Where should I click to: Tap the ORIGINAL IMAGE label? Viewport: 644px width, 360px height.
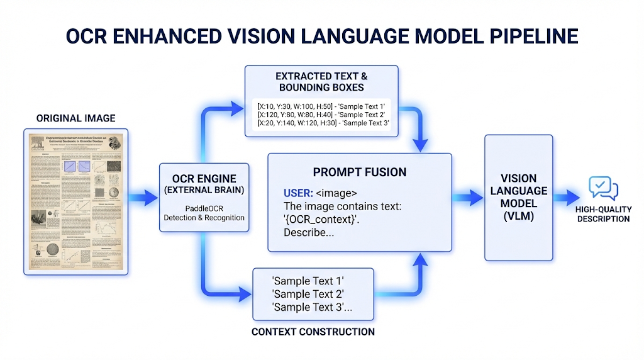(76, 118)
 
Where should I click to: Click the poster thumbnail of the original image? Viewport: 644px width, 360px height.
(76, 201)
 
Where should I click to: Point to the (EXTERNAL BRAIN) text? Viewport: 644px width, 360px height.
(204, 190)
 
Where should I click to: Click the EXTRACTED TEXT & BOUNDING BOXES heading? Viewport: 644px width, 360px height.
(321, 82)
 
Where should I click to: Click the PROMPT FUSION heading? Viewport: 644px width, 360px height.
(360, 172)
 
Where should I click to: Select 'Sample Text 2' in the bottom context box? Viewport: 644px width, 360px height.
(308, 294)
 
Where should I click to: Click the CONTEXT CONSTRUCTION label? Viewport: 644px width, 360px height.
(313, 332)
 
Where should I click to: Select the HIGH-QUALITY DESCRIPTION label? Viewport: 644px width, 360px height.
(602, 214)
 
